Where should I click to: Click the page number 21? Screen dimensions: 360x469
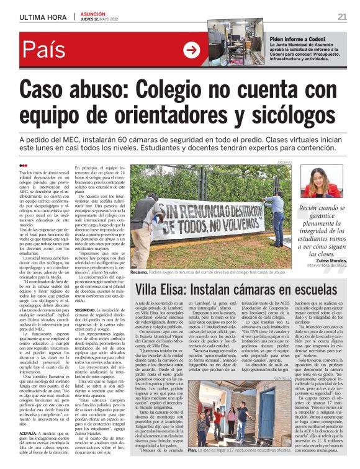coord(342,17)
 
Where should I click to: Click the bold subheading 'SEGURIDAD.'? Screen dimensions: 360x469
coord(86,310)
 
